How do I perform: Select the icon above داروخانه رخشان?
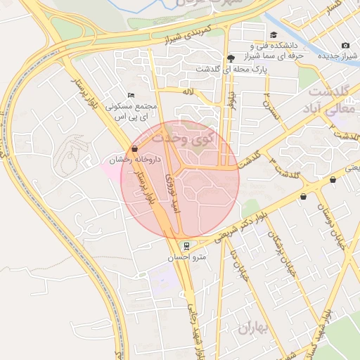pyautogui.click(x=134, y=148)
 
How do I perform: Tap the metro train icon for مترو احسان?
pyautogui.click(x=186, y=246)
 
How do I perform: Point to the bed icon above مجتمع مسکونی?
pyautogui.click(x=130, y=96)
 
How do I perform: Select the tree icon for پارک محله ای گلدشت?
pyautogui.click(x=231, y=58)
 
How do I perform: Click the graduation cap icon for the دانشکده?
pyautogui.click(x=273, y=35)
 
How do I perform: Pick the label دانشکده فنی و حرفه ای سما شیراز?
pyautogui.click(x=270, y=49)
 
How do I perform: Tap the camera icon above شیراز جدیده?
pyautogui.click(x=345, y=46)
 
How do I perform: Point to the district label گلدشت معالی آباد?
pyautogui.click(x=329, y=102)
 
